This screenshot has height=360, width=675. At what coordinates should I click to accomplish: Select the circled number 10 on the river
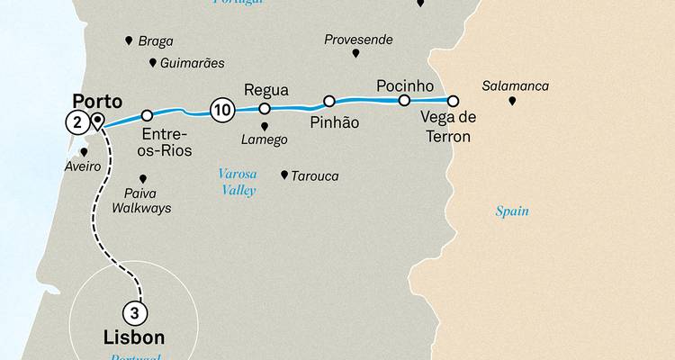coord(221,110)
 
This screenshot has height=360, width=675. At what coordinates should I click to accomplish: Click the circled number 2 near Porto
coord(77,122)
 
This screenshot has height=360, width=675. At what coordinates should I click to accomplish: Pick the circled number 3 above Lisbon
coord(134,313)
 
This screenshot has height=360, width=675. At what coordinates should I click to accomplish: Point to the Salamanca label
coord(515,86)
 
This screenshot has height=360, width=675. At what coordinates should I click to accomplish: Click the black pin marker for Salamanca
coord(512,102)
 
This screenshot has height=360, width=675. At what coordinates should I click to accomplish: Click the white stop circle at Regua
coord(265,108)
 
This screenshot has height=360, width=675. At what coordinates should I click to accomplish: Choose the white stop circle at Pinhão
coord(329,101)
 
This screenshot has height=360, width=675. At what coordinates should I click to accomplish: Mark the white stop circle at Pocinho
coord(404,100)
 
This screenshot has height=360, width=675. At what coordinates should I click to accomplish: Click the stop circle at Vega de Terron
coord(453,101)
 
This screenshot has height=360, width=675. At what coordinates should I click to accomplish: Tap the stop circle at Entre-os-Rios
coord(147,115)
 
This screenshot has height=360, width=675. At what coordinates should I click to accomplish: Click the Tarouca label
coord(314,176)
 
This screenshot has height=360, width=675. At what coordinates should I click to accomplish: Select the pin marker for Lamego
coord(264,125)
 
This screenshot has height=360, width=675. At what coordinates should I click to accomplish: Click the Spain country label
coord(512,211)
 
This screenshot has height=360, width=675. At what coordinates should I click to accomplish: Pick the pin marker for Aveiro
coord(84,152)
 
